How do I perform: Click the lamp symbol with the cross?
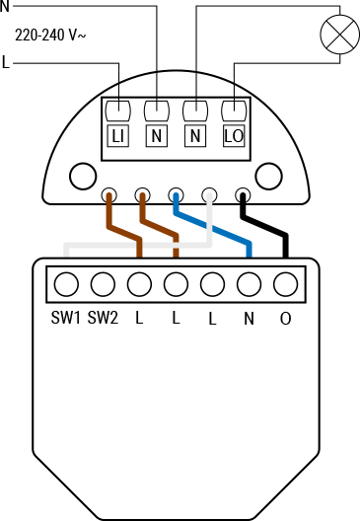[337, 37]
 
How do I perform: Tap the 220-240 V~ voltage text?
[51, 36]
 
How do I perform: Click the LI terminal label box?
[118, 135]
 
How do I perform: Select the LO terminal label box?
[234, 135]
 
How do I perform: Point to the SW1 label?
[65, 318]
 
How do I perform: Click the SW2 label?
[103, 318]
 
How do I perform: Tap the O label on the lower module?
[286, 318]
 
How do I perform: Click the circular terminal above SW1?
[65, 284]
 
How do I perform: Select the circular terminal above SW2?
[102, 284]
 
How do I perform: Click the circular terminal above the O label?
[286, 284]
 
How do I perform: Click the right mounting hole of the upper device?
[268, 178]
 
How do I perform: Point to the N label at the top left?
[5, 6]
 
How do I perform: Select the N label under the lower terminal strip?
[249, 318]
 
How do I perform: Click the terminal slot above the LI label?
[118, 109]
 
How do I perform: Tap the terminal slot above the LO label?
[234, 109]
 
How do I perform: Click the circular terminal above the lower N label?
[249, 284]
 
